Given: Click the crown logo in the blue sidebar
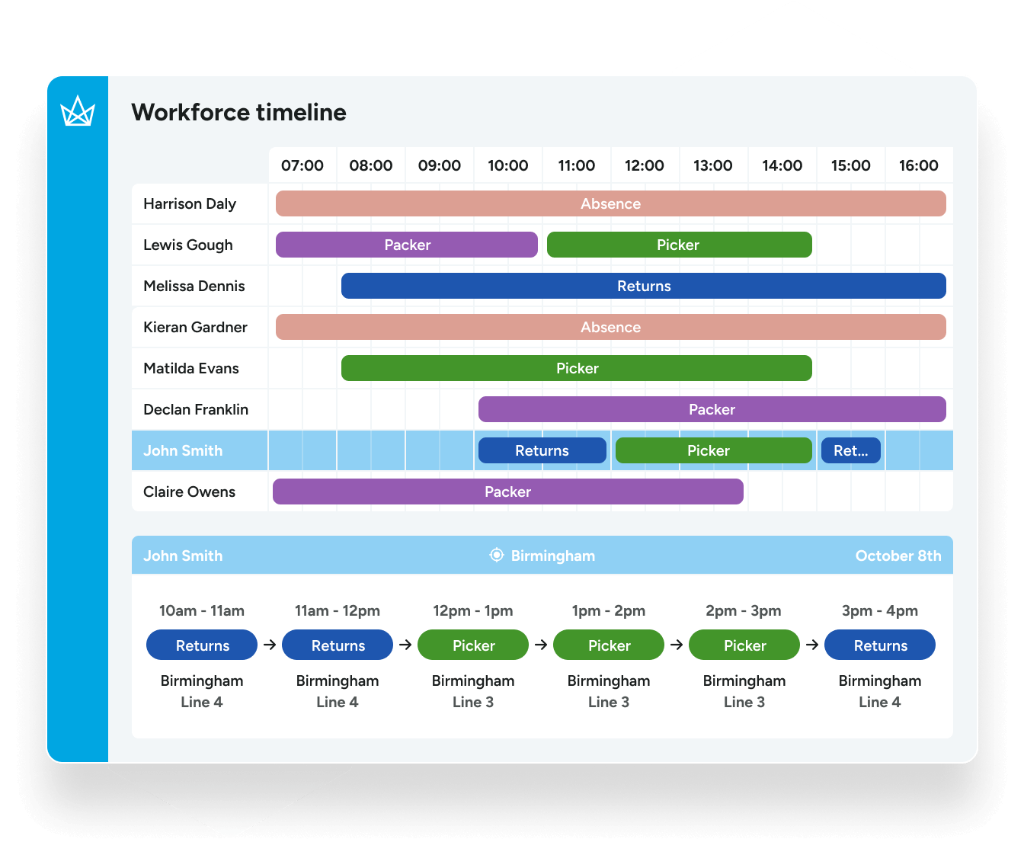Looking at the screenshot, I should pos(78,111).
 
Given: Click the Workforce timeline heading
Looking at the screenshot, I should pos(238,112).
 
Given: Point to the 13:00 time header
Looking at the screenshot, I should pos(712,165).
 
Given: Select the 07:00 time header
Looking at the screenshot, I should pos(302,165).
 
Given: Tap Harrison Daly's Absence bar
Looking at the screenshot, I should pos(610,203).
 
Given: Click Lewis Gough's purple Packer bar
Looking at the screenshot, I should pos(407,245).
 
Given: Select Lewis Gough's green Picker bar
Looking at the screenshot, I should pos(679,245).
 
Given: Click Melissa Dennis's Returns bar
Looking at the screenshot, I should pos(643,286).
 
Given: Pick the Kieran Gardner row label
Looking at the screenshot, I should pos(195,327).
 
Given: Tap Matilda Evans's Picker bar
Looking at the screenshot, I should pos(576,368).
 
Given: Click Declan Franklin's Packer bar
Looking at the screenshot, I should pos(712,409).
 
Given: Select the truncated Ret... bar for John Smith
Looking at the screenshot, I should pos(850,450).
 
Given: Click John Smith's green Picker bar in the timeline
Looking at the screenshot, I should pos(713,450).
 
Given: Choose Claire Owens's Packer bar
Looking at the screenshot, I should pos(507,492).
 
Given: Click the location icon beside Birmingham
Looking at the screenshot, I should pos(497,556).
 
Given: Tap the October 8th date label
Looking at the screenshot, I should pos(898,556).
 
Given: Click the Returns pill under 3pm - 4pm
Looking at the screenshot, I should pos(880,645).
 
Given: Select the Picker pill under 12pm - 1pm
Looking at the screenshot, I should pos(473,645).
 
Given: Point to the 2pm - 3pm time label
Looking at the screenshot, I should pos(743,610).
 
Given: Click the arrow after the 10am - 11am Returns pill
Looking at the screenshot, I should pos(270,645).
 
